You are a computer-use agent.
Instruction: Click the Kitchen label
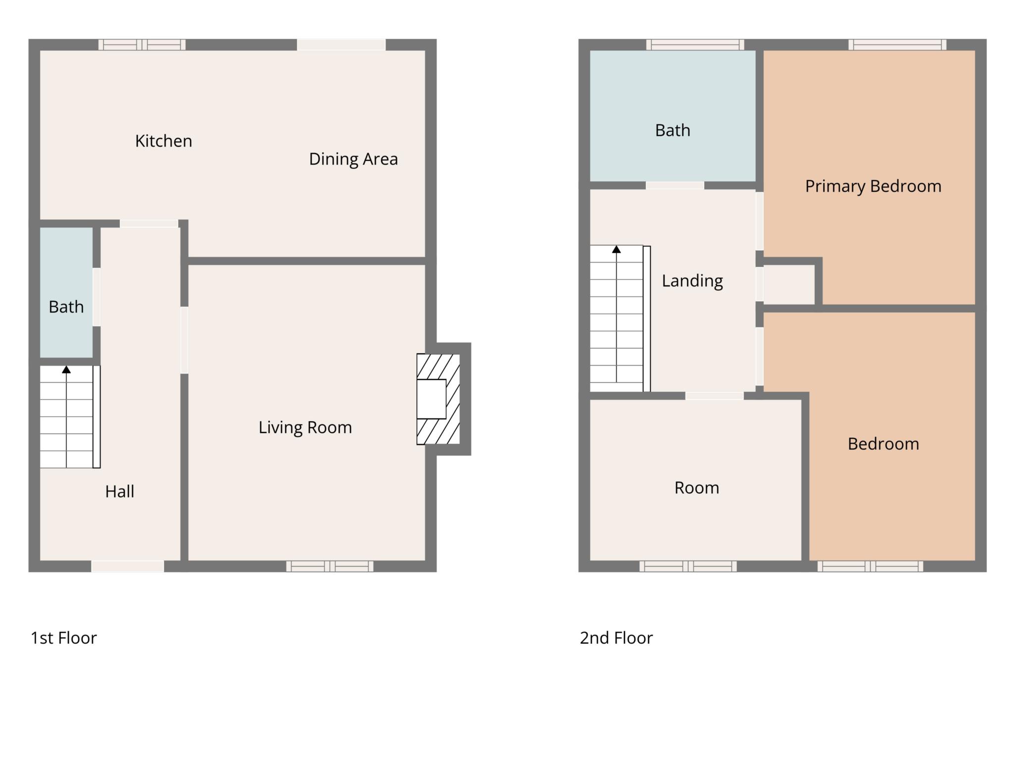click(x=164, y=141)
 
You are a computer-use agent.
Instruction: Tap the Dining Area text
click(x=353, y=159)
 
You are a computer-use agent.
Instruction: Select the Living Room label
click(x=305, y=428)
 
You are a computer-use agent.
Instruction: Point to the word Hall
click(x=120, y=491)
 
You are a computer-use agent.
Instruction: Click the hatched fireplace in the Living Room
click(x=438, y=399)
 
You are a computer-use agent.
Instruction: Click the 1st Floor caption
click(x=64, y=638)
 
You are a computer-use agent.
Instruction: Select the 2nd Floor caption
click(x=617, y=638)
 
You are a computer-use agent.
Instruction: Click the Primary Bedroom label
click(x=873, y=186)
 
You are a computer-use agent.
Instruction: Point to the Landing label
click(x=692, y=281)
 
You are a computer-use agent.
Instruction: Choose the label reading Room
click(x=697, y=488)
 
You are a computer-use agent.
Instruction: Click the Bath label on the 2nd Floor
click(x=673, y=130)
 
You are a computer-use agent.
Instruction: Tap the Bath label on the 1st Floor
click(x=66, y=307)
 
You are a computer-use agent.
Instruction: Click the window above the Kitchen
click(x=142, y=45)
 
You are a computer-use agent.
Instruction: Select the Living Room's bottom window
click(x=330, y=566)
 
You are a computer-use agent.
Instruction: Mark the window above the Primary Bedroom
click(x=898, y=45)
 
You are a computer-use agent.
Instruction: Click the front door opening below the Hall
click(x=128, y=566)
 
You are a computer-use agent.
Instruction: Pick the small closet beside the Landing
click(x=789, y=284)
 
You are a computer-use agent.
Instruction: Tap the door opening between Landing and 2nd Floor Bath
click(x=675, y=185)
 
